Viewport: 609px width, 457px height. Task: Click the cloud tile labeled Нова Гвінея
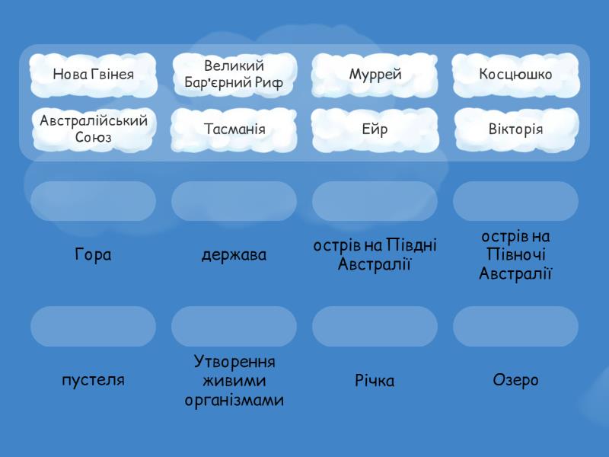click(93, 75)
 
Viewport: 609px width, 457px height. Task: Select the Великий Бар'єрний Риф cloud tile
click(234, 75)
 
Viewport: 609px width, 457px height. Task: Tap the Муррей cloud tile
click(375, 75)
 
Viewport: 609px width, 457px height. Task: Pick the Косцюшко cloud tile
click(515, 75)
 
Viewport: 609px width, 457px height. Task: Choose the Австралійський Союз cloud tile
click(93, 129)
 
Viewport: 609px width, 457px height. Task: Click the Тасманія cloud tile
click(234, 129)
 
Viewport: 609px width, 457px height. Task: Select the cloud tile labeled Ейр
click(375, 129)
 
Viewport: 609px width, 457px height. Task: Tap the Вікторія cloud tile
click(515, 129)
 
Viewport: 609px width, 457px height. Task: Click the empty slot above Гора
click(93, 201)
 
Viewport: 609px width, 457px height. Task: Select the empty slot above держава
click(234, 201)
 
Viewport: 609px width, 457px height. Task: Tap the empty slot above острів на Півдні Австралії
click(375, 201)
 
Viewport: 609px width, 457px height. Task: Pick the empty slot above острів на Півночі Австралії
click(515, 201)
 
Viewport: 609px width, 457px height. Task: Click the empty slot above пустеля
click(93, 326)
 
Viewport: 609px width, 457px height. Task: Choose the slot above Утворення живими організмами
click(234, 326)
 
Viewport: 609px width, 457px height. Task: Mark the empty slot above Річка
click(375, 326)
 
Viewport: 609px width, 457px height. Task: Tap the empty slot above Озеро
click(515, 326)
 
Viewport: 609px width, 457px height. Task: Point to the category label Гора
click(93, 255)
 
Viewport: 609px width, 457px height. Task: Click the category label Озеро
click(515, 379)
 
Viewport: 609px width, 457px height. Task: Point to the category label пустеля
click(93, 379)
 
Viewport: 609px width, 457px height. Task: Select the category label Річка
click(375, 380)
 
